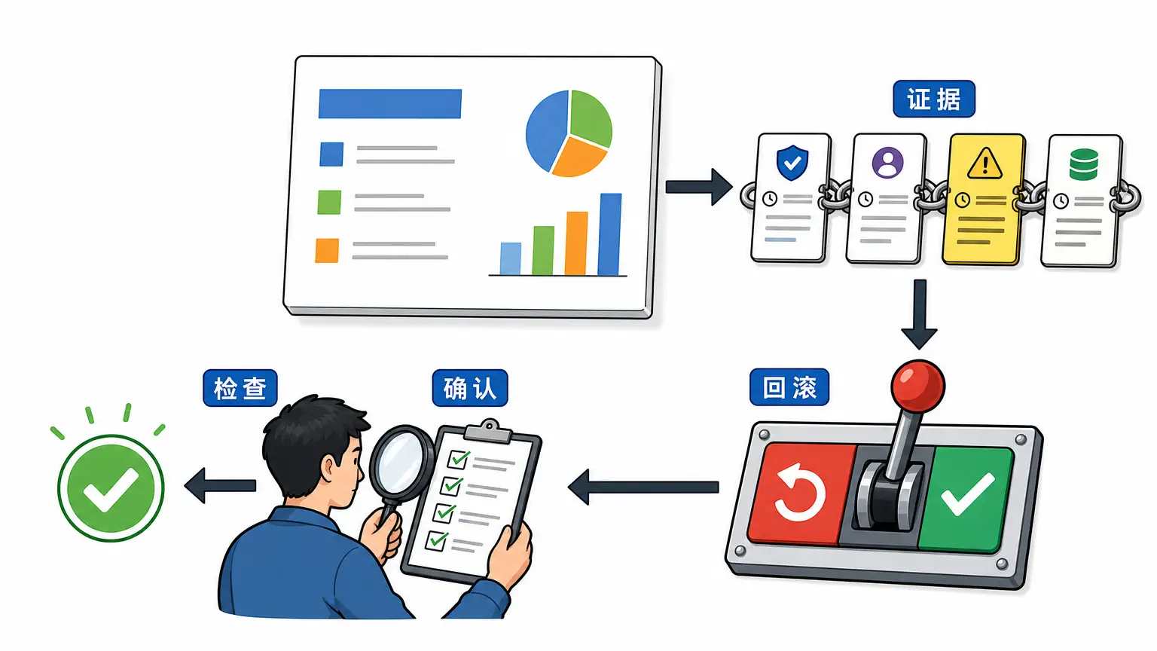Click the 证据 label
[x=934, y=99]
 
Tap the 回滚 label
[x=789, y=387]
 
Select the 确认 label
[x=470, y=388]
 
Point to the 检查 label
[x=240, y=388]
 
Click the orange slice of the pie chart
[x=579, y=157]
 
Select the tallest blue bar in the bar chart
[x=609, y=234]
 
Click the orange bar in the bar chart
[x=576, y=243]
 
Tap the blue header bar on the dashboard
[x=390, y=103]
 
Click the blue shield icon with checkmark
[x=792, y=163]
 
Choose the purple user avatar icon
[x=887, y=163]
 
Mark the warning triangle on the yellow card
[x=985, y=164]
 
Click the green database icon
[x=1083, y=164]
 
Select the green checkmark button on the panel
[x=965, y=499]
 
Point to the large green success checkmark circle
[x=111, y=488]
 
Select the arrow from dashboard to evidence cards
[x=698, y=187]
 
